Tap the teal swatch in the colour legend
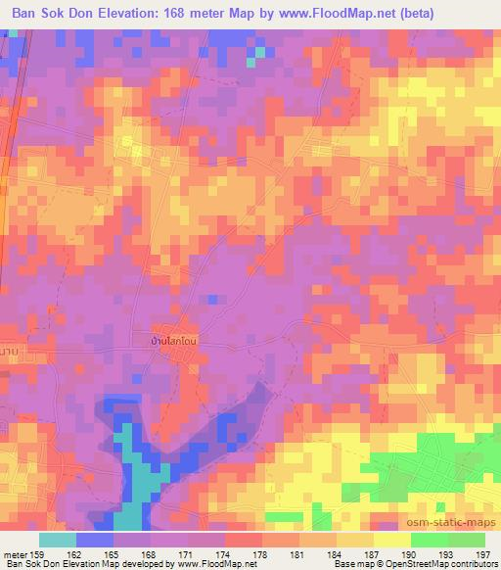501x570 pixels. [x=58, y=540]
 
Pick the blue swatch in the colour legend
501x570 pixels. [x=95, y=540]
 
